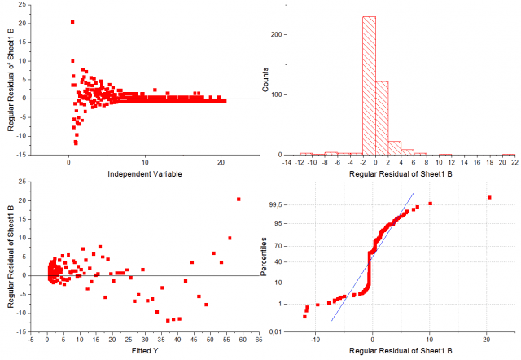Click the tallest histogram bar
(x=369, y=86)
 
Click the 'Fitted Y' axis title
(x=145, y=351)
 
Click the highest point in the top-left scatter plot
(x=72, y=22)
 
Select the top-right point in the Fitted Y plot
(x=239, y=199)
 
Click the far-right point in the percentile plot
(x=489, y=197)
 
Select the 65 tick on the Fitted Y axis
(x=258, y=340)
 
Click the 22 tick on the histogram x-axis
(x=513, y=163)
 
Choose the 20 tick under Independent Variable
(x=221, y=163)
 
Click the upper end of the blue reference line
(x=414, y=193)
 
